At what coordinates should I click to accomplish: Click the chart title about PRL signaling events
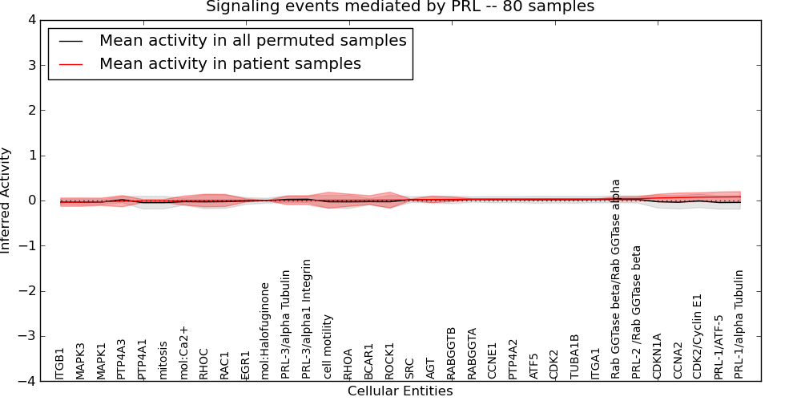tap(400, 7)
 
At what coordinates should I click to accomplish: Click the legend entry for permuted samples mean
tap(252, 41)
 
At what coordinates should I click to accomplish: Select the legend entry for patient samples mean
tap(230, 64)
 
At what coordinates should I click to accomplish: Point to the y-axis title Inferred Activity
tap(6, 200)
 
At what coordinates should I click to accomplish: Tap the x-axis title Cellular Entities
tap(400, 391)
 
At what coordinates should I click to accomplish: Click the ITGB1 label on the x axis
tap(60, 363)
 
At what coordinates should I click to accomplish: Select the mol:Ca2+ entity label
tap(184, 352)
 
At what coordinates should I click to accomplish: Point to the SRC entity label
tap(410, 367)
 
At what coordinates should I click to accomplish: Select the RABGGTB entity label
tap(452, 353)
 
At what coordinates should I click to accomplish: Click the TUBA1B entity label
tap(575, 356)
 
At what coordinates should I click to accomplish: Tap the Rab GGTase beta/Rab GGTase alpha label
tap(617, 278)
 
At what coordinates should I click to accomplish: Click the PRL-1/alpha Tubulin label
tap(739, 324)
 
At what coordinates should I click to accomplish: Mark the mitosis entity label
tap(163, 359)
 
